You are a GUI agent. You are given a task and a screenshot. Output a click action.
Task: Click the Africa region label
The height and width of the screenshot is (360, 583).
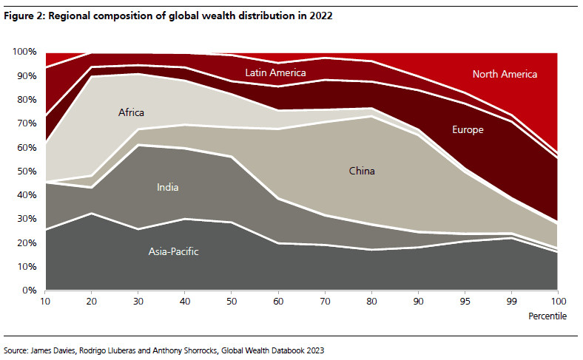pos(131,113)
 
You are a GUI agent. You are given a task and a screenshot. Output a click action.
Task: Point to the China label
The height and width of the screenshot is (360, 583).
pos(362,171)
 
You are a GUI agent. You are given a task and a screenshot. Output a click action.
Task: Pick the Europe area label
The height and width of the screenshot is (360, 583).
pos(468,130)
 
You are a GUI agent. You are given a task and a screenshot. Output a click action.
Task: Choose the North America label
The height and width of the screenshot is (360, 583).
pos(505,74)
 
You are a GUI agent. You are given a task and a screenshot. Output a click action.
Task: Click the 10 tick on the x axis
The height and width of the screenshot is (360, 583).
pos(46,302)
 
